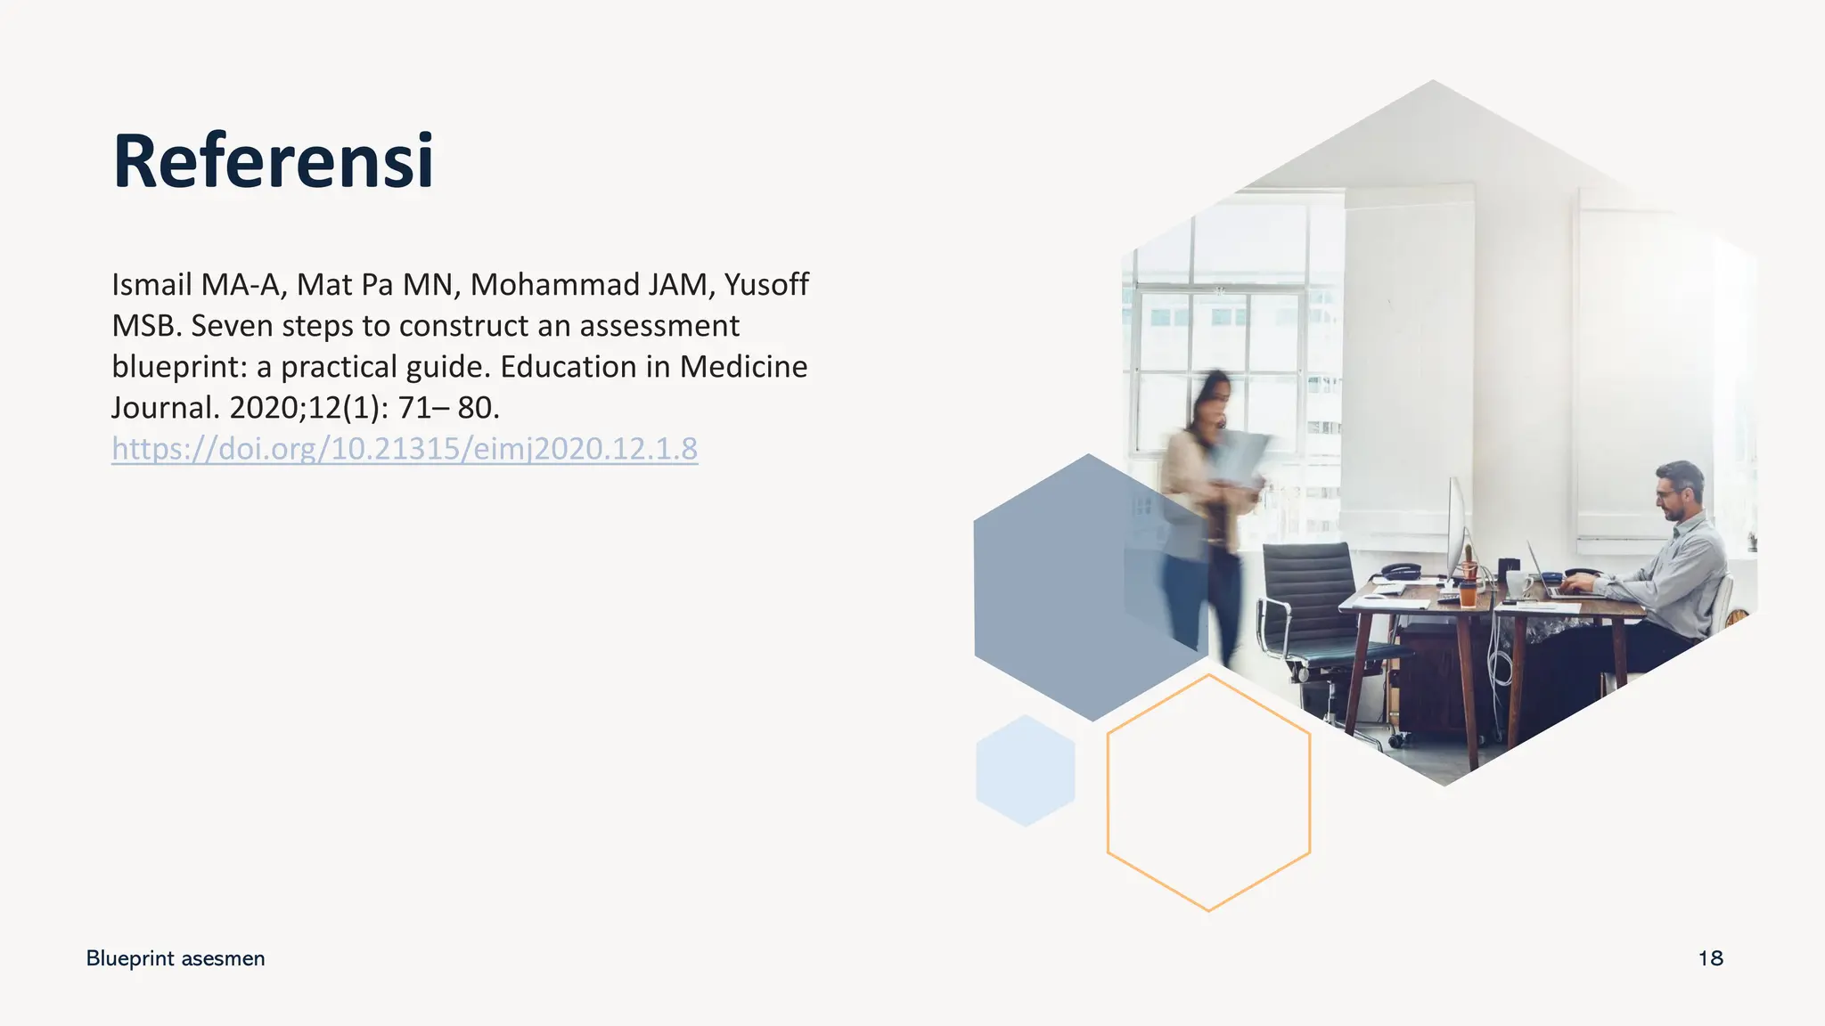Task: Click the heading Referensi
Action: tap(273, 161)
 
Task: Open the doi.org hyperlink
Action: tap(405, 448)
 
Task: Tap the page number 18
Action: tap(1710, 958)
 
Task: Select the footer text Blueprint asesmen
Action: tap(176, 958)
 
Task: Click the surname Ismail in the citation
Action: tap(151, 285)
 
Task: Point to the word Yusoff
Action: tap(766, 285)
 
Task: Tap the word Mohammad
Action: tap(553, 285)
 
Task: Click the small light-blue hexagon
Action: tap(1025, 770)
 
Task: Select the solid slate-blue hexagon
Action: tap(1069, 588)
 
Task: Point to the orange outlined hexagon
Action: tap(1208, 793)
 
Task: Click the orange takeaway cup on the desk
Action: tap(1468, 591)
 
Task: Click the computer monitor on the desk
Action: tap(1456, 525)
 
